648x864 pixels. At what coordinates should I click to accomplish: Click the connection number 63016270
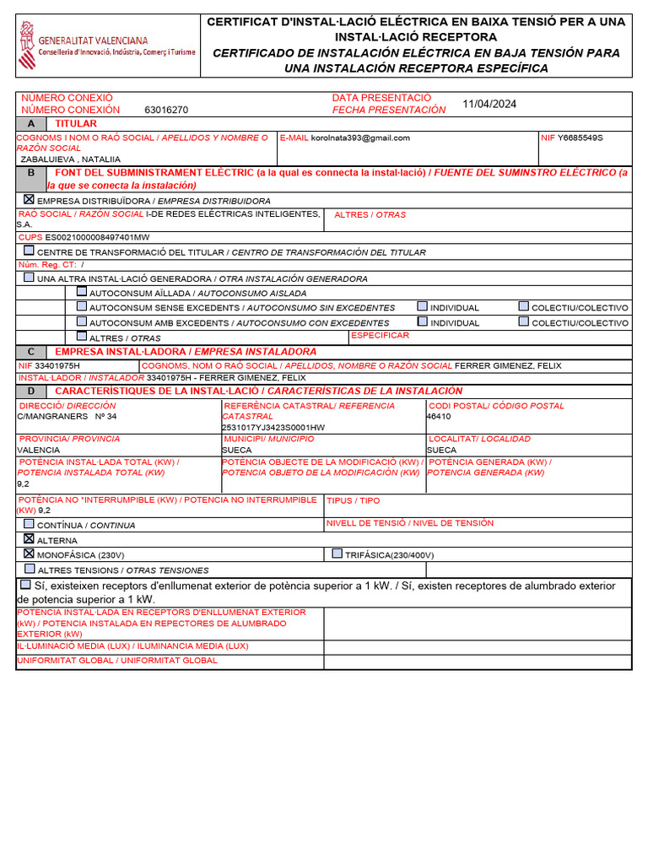(x=166, y=110)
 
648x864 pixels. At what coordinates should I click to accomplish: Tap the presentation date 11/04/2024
(x=489, y=105)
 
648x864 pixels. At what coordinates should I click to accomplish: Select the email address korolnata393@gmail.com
(x=360, y=138)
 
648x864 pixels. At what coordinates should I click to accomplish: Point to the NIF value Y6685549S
(x=580, y=138)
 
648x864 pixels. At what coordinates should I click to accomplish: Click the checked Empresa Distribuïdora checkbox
(x=30, y=200)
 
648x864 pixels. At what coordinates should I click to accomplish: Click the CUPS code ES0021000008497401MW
(x=97, y=238)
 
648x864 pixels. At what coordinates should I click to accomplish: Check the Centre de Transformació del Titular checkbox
(x=30, y=251)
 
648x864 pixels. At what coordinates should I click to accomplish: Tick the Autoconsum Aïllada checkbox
(x=82, y=292)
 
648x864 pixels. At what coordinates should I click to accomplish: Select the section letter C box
(x=31, y=352)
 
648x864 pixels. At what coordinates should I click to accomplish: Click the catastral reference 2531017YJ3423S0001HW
(x=273, y=428)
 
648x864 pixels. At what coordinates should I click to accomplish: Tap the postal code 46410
(x=439, y=417)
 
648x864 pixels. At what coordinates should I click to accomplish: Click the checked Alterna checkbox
(x=30, y=539)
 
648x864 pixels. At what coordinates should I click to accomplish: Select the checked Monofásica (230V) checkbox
(x=30, y=553)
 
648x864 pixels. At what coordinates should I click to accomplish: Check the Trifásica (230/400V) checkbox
(x=337, y=553)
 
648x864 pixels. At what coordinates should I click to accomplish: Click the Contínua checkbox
(x=30, y=524)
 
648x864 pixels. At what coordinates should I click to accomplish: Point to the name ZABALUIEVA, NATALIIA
(x=70, y=159)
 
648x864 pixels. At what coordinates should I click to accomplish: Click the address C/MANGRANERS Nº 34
(x=67, y=417)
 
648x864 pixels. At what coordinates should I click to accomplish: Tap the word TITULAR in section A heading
(x=76, y=124)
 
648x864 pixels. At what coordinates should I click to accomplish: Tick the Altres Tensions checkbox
(x=30, y=570)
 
